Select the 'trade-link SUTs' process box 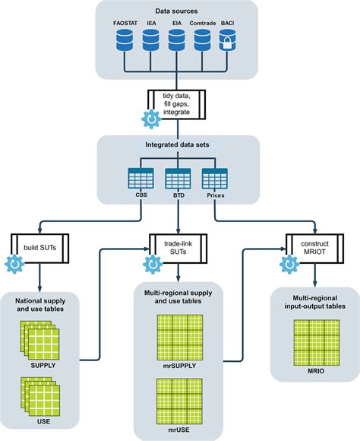(178, 246)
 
